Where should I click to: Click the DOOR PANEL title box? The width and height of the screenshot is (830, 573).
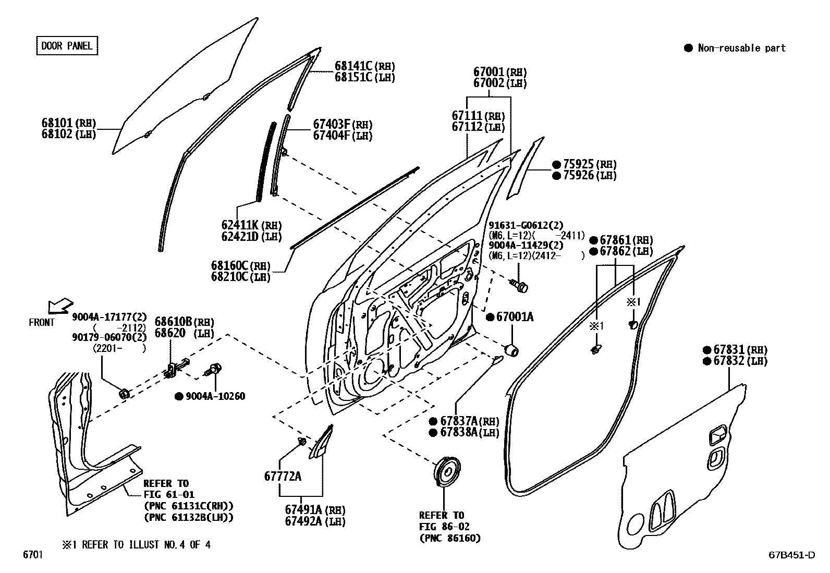point(67,46)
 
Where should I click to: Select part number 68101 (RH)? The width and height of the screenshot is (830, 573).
point(69,123)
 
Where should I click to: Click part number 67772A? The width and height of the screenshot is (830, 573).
point(283,476)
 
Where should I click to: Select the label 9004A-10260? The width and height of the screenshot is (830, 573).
point(215,396)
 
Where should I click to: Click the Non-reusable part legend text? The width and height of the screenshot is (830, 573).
point(741,48)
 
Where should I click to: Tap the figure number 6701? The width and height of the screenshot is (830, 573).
point(32,555)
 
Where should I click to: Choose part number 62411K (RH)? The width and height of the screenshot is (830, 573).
point(251,225)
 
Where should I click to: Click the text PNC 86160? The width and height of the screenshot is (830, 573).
point(450,538)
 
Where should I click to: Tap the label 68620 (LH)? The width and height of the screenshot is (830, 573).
point(184,333)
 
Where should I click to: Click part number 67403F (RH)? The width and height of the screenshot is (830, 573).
point(343,124)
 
